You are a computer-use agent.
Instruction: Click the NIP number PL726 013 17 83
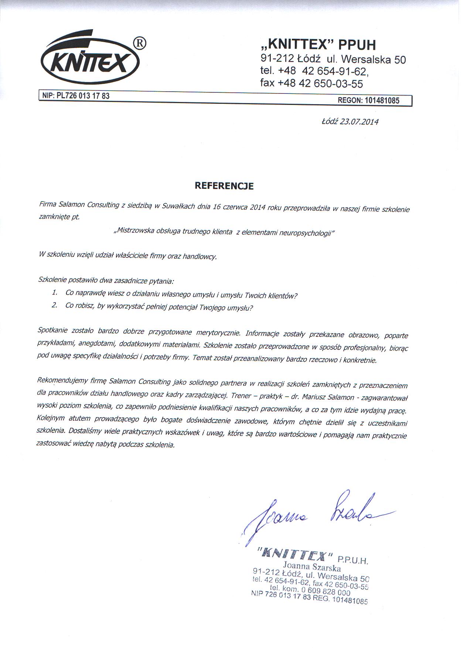(83, 96)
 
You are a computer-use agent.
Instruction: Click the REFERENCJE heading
(224, 186)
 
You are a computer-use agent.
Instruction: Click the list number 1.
(55, 293)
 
